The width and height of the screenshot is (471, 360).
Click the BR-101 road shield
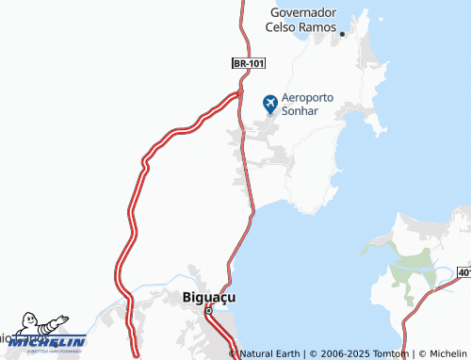coord(251,63)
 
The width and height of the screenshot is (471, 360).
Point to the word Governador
coord(303,13)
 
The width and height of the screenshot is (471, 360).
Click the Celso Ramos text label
coord(298,27)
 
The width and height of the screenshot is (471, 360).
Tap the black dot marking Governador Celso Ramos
coord(343,34)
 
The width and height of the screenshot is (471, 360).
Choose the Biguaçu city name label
coord(208,297)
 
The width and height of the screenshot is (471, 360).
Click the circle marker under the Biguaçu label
coord(211,311)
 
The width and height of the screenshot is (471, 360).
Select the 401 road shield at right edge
coord(464,272)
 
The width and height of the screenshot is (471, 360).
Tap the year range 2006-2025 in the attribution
coord(343,353)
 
